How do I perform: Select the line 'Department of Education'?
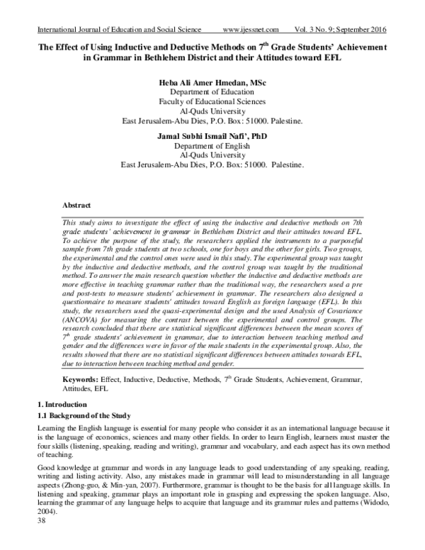coord(212,92)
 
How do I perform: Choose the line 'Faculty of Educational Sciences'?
coord(212,101)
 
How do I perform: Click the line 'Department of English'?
coord(212,146)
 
